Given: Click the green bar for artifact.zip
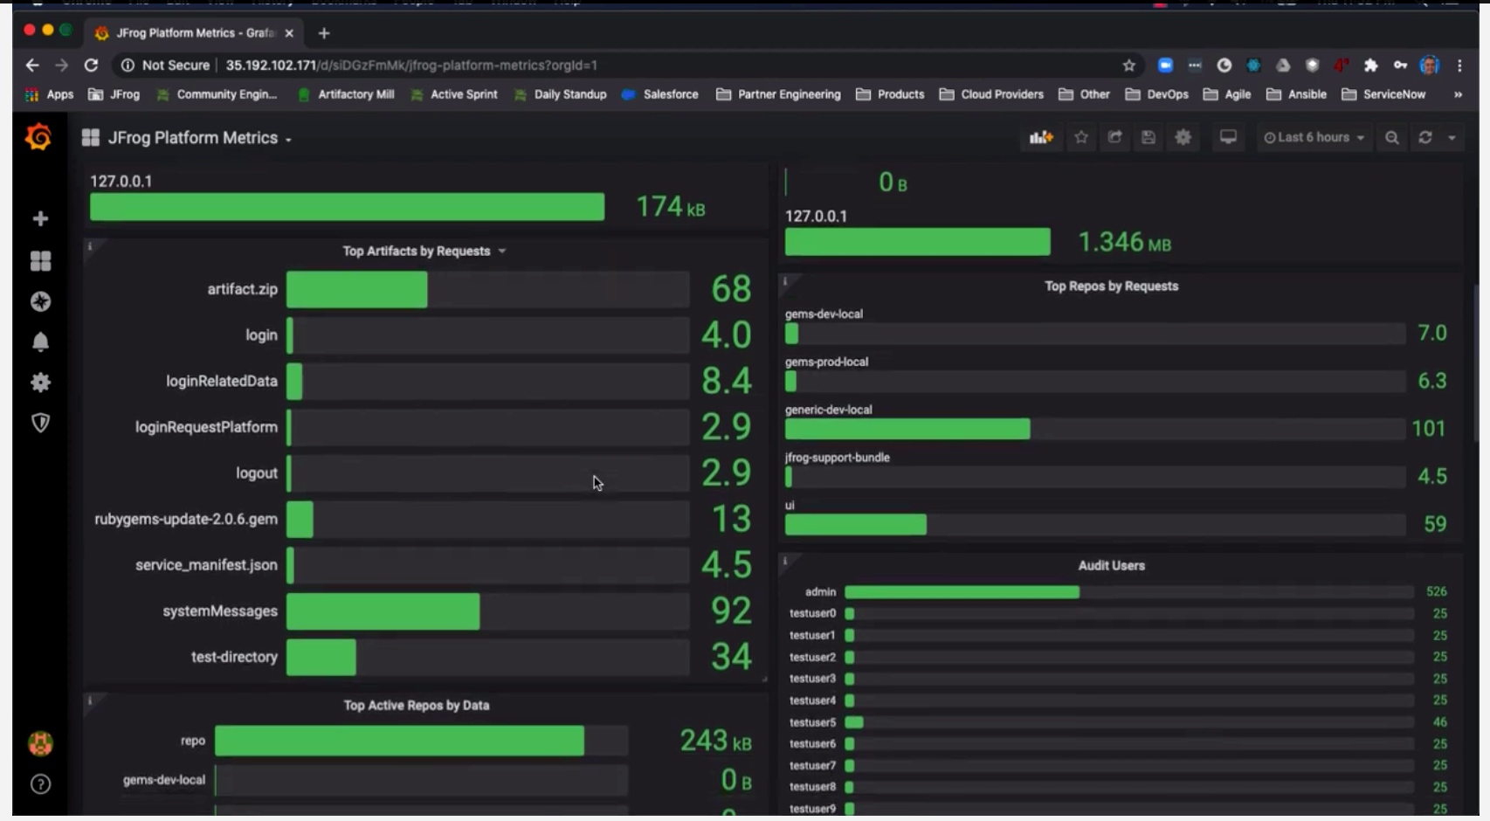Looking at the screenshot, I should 356,289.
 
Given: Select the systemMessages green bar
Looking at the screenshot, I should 383,611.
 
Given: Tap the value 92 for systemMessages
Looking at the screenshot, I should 731,611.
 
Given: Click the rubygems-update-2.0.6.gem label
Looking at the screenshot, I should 186,519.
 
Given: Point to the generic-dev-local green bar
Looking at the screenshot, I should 907,429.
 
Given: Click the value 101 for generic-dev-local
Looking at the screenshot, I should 1428,429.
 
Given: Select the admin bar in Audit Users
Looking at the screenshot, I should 962,592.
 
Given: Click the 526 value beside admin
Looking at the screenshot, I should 1436,592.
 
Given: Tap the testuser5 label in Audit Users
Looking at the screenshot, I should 812,722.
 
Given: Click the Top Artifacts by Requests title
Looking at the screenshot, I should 417,252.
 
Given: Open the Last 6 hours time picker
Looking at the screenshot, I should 1314,138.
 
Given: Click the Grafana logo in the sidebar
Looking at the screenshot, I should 38,137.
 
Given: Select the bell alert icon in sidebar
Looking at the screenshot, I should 40,342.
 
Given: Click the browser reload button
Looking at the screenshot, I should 91,66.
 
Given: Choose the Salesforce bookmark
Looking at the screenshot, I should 670,94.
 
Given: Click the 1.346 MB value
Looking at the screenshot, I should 1124,242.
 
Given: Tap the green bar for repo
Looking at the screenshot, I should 399,741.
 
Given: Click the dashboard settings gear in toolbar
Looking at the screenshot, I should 1183,138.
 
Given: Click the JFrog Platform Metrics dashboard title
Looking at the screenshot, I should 193,138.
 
